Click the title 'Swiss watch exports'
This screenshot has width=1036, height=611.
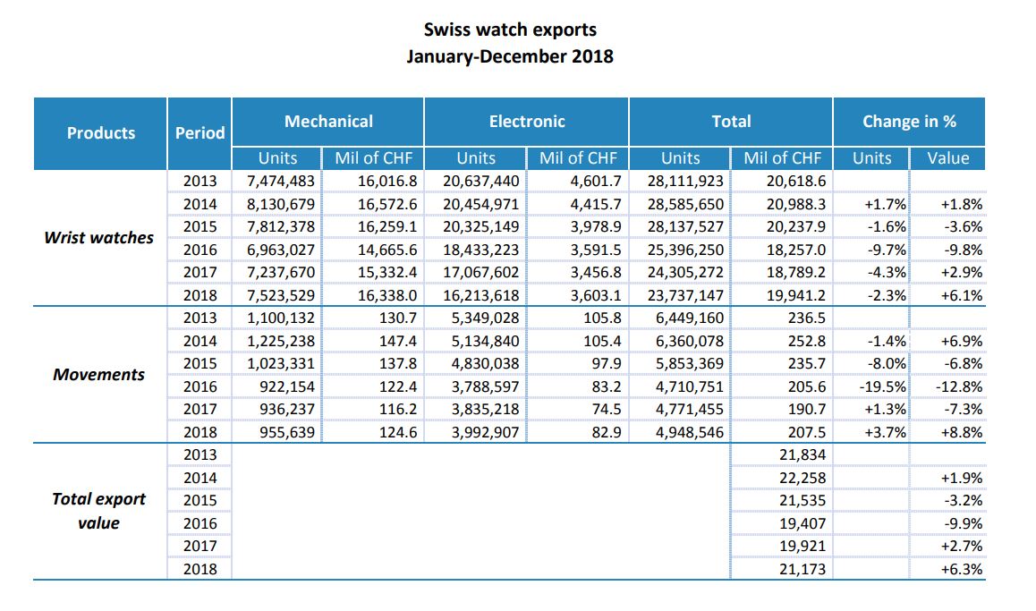coord(510,30)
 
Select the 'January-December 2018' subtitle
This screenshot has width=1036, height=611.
coord(510,55)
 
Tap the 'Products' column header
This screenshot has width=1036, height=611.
coord(101,133)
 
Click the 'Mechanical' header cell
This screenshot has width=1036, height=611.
coord(328,122)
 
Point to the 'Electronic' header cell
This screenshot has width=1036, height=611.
coord(527,122)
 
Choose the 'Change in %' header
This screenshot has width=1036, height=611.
coord(909,122)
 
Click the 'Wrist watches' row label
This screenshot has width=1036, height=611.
coord(99,238)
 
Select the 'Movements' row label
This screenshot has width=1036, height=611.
coord(99,374)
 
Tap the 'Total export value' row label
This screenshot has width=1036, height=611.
coord(99,511)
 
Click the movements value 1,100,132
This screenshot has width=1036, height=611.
coord(281,318)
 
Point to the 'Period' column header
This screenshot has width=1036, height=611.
coord(200,133)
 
